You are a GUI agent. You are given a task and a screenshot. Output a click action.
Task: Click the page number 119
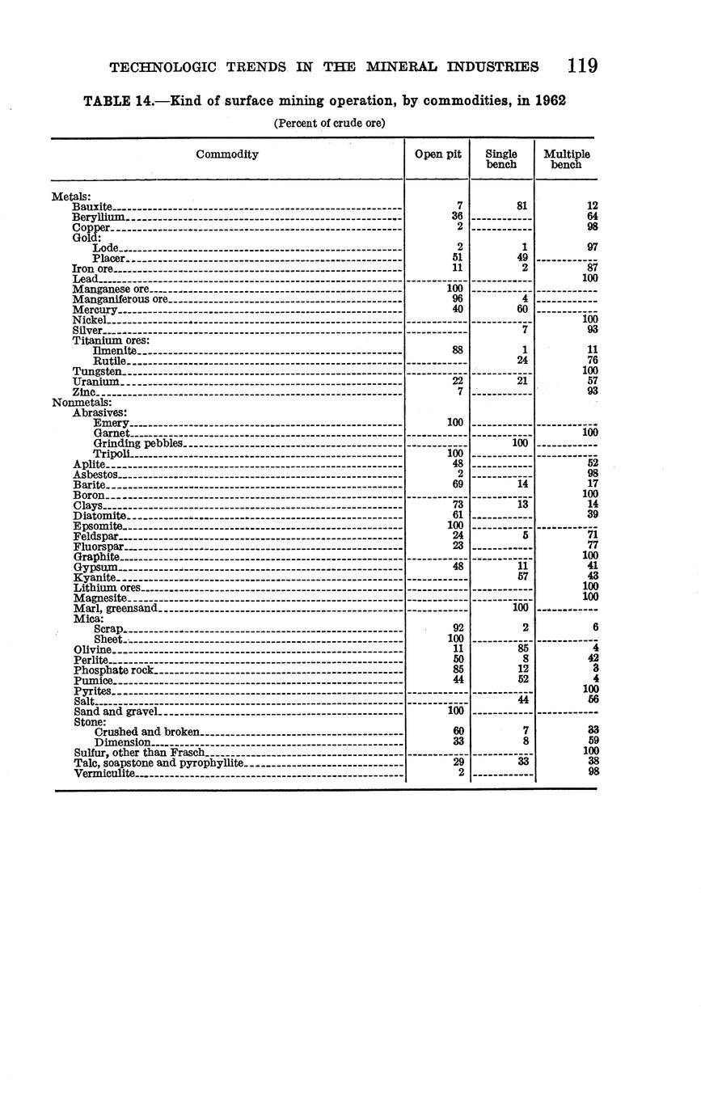tap(582, 65)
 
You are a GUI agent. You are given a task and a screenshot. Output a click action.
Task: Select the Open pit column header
tap(437, 154)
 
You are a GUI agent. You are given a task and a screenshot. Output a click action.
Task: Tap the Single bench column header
tap(501, 158)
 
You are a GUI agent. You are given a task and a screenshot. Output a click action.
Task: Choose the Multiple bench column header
tap(566, 158)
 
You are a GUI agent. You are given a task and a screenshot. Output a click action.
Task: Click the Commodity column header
tap(227, 154)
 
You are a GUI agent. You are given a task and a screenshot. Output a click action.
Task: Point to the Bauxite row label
tap(92, 207)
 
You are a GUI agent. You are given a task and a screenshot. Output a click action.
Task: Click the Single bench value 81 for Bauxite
tap(522, 206)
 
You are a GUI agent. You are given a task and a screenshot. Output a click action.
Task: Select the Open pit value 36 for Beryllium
tap(457, 217)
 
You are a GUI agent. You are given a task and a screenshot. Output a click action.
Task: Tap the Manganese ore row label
tap(111, 289)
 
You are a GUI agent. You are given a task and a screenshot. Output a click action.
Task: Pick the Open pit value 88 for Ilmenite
tap(457, 350)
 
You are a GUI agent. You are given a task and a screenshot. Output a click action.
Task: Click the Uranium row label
tap(95, 381)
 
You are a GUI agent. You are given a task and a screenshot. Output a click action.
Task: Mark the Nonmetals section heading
tap(82, 402)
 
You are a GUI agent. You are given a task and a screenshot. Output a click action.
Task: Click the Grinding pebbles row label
tap(138, 443)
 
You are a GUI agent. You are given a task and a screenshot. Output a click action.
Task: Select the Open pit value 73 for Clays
tap(457, 505)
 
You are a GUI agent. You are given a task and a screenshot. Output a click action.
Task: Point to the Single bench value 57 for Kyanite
tap(522, 577)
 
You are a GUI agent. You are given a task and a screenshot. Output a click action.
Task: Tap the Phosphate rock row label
tap(113, 670)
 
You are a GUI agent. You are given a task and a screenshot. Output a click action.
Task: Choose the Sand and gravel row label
tap(116, 712)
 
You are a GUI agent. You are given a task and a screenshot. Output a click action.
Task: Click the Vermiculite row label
tap(104, 774)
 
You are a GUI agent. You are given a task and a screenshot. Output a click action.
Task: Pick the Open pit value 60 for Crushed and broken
tap(458, 731)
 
